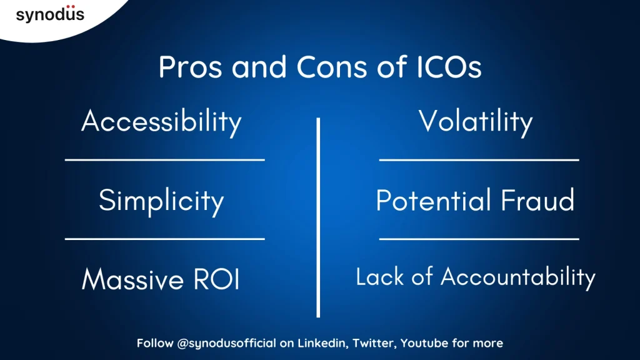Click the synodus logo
coord(50,14)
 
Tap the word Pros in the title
coord(190,67)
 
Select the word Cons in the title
coord(331,67)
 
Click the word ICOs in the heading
coord(449,67)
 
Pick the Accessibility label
coord(162,122)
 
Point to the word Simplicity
coord(161,201)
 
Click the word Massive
coord(132,279)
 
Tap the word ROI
coord(216,279)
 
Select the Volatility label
coord(476,122)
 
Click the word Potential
coord(432,200)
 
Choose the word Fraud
coord(537,200)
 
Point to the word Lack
coord(379,277)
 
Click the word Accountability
coord(518,277)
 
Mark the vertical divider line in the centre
coord(318,217)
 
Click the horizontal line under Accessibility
coord(165,160)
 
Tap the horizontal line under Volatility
coord(479,160)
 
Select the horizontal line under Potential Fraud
coord(479,239)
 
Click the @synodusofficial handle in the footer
coord(226,343)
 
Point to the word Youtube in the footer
coord(424,343)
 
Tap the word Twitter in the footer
coord(374,344)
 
